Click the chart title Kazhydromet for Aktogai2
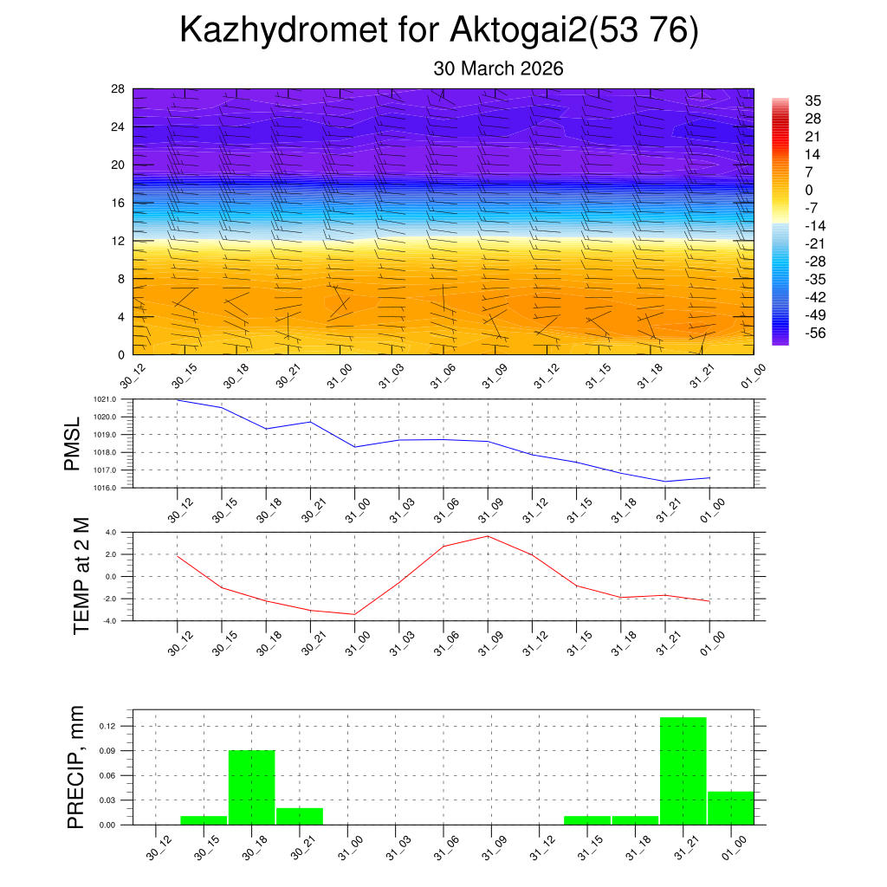[x=438, y=31]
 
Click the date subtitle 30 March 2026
[x=498, y=68]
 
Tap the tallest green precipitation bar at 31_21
[x=683, y=770]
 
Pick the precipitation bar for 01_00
[x=730, y=807]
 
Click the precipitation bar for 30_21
[x=300, y=815]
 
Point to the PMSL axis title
[x=72, y=443]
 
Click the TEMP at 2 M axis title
[x=81, y=575]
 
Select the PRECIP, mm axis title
[x=76, y=767]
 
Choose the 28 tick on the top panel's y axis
[x=119, y=89]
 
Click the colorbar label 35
[x=812, y=100]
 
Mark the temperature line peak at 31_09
[x=488, y=536]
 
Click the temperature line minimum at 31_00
[x=354, y=614]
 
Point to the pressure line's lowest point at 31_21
[x=665, y=481]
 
